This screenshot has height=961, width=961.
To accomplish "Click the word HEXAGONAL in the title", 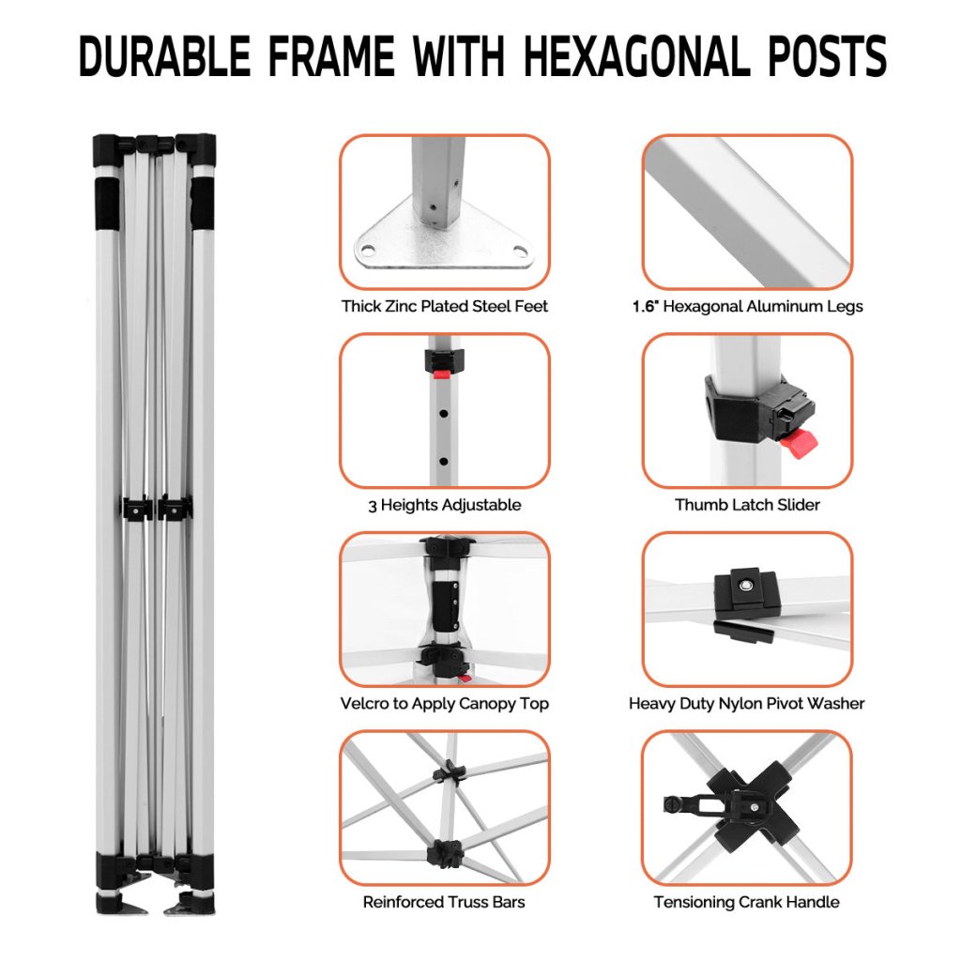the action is point(637,56).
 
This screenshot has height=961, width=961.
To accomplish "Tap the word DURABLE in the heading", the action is point(165,56).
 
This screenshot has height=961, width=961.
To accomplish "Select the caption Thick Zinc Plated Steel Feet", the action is point(444,307).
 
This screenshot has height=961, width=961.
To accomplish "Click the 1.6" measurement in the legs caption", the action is point(646,307).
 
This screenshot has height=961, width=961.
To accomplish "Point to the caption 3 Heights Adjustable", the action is point(444,505).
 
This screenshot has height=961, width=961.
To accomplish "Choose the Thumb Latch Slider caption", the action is point(747,505).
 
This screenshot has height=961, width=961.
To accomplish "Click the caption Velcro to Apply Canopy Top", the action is point(444,704).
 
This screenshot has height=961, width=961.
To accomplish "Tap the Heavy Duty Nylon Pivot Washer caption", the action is point(746,704).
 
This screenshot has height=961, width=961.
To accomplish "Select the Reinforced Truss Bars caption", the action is point(444,902).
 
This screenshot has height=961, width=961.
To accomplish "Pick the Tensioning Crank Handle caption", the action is point(746,902).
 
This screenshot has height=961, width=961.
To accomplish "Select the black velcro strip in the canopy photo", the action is point(446,605).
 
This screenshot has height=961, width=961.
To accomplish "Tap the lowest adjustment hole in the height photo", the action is point(443,461).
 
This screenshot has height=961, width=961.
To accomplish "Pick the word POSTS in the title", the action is point(823,56).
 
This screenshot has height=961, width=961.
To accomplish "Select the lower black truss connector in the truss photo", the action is point(446,854).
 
